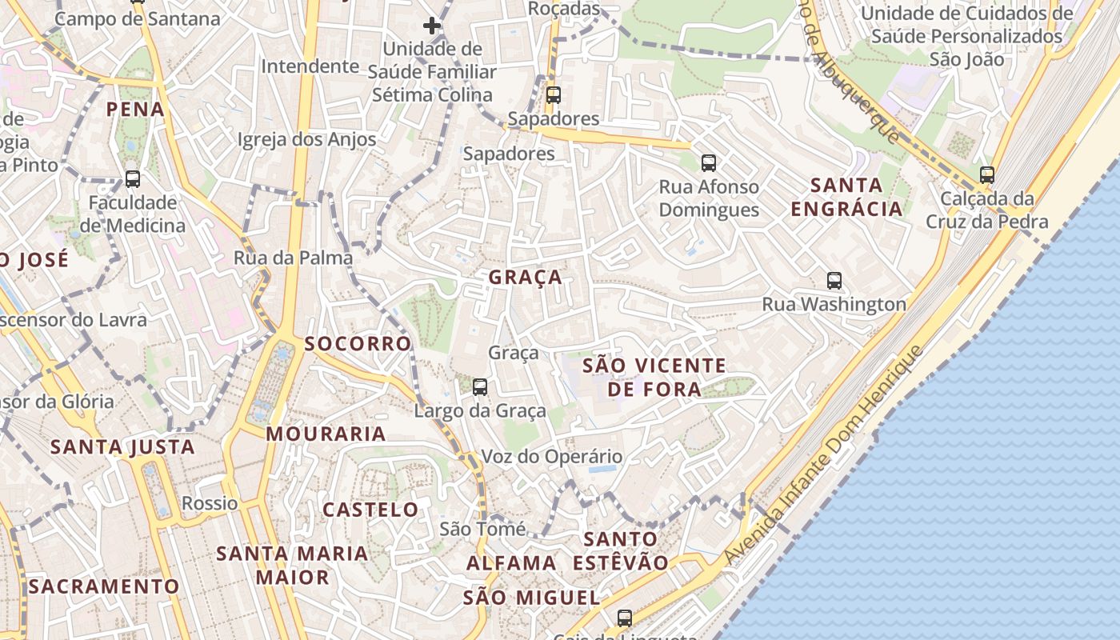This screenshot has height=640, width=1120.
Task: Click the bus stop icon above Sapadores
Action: tap(553, 95)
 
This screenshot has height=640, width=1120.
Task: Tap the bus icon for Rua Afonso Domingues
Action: tap(708, 163)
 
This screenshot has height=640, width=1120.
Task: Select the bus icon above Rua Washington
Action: tap(834, 281)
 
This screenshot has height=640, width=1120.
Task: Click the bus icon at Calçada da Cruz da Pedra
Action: tap(987, 175)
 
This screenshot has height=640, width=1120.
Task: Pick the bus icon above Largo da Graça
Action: tap(480, 387)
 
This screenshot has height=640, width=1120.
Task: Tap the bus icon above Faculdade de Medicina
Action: tap(133, 179)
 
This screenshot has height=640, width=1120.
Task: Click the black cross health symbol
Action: tap(432, 26)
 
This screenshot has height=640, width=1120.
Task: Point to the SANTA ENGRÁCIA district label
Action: tap(846, 197)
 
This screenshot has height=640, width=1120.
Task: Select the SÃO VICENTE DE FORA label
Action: tap(654, 378)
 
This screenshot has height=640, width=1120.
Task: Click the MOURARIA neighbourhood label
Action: tap(326, 434)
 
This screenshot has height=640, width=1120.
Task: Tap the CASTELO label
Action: tap(370, 510)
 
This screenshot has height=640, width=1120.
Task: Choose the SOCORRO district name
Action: tap(358, 344)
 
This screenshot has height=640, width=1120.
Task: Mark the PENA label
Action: tap(135, 110)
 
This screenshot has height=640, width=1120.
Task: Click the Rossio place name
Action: tap(210, 503)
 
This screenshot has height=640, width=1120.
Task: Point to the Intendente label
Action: tap(310, 66)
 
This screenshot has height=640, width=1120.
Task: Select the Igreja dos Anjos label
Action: tap(306, 139)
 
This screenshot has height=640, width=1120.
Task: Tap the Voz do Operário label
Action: tap(551, 457)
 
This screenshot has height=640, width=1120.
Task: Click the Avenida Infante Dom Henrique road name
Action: tap(824, 455)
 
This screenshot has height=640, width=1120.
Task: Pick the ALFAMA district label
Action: tap(511, 563)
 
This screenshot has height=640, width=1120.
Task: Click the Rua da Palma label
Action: tap(293, 258)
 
